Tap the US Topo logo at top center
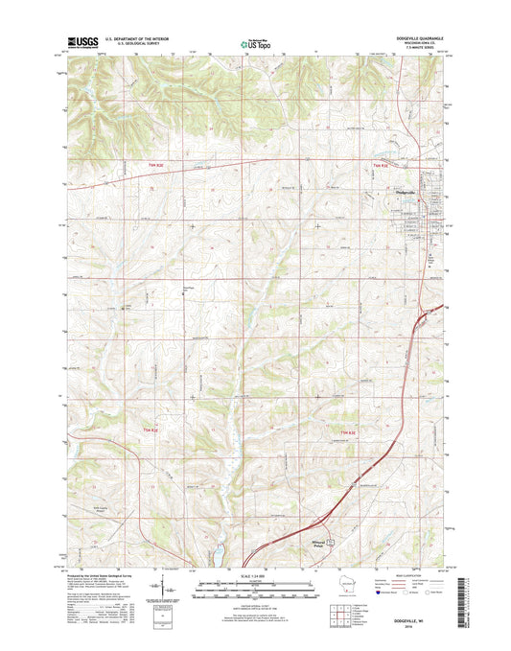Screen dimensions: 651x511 (x=255, y=42)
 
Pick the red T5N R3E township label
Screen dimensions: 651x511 (x=351, y=434)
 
